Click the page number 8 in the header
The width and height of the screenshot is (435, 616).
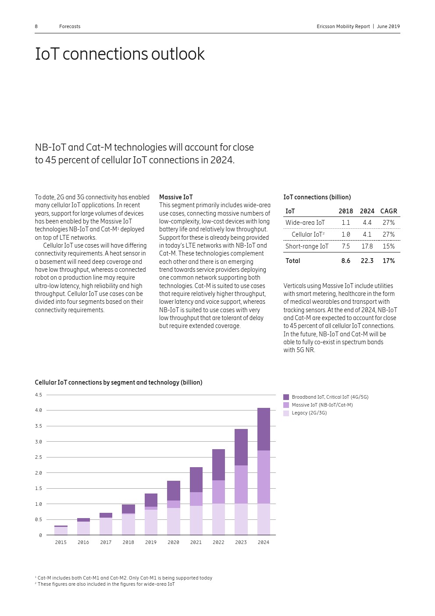[x=36, y=27]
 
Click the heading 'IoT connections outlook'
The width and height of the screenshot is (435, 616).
[x=120, y=54]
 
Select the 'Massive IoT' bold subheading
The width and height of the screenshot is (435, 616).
[x=176, y=197]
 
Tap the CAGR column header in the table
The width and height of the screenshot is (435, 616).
[x=389, y=211]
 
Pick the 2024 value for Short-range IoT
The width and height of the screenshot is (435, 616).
[x=367, y=246]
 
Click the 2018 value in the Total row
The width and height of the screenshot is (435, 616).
[x=346, y=261]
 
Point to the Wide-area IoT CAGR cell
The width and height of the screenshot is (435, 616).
[x=389, y=223]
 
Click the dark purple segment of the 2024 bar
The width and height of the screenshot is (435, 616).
[x=264, y=429]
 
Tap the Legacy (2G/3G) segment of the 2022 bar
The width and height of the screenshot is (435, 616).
[x=218, y=519]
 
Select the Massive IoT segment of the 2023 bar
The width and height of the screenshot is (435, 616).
[x=241, y=484]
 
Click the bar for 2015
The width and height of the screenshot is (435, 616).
[x=61, y=530]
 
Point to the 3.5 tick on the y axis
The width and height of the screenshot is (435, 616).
[x=39, y=426]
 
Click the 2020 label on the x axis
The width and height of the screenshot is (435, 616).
[x=173, y=542]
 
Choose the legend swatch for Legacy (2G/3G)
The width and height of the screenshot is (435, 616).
[x=286, y=413]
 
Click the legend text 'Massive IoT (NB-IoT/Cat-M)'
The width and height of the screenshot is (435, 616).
[x=322, y=405]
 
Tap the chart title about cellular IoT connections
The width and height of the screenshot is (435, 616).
[x=118, y=382]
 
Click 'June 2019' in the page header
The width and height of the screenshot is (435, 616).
[x=388, y=27]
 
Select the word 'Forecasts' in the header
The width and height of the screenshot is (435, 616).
[x=70, y=27]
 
